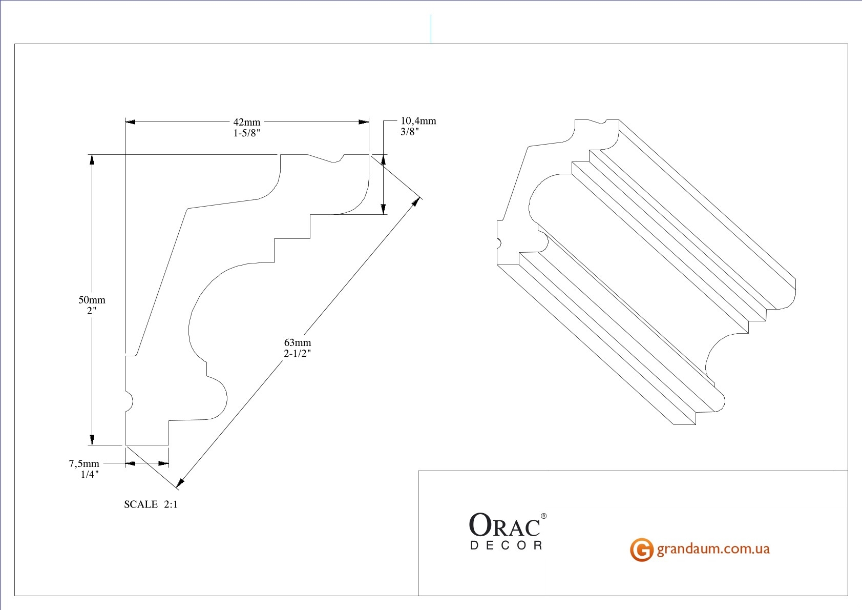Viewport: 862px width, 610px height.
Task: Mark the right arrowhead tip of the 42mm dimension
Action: [369, 122]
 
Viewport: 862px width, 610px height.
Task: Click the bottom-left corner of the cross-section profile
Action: [125, 445]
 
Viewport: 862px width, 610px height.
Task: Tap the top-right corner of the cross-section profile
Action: [369, 154]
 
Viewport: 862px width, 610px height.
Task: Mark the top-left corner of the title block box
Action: [418, 471]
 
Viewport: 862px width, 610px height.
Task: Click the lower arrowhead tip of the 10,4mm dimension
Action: [383, 214]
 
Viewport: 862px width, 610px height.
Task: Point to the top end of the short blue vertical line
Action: [431, 15]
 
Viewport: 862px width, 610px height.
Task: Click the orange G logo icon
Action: [641, 550]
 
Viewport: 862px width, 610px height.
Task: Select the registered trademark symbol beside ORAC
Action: [544, 516]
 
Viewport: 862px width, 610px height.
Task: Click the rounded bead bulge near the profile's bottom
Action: [218, 399]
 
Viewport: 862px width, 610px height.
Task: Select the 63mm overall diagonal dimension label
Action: [298, 348]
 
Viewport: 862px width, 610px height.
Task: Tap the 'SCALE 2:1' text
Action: [151, 504]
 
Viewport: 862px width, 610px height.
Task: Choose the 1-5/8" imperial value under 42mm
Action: [247, 133]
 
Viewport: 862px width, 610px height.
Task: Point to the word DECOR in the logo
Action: [507, 545]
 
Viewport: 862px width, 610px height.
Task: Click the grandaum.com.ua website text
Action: [713, 549]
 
